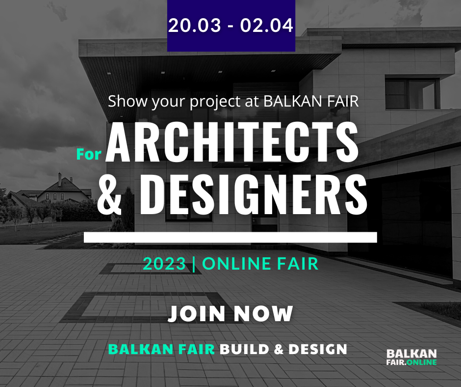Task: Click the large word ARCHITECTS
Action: pyautogui.click(x=232, y=142)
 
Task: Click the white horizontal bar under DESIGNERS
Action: pyautogui.click(x=230, y=238)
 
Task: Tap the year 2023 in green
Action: pyautogui.click(x=165, y=264)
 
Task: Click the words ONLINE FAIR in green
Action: pyautogui.click(x=260, y=264)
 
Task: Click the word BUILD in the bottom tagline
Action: pyautogui.click(x=245, y=350)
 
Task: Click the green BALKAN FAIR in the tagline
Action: pyautogui.click(x=161, y=350)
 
